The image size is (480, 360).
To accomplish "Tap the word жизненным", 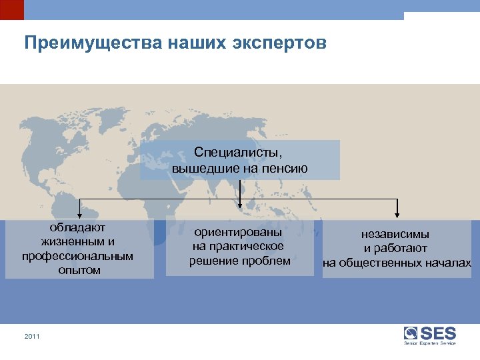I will (x=71, y=242).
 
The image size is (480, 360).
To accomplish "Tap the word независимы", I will (x=395, y=234).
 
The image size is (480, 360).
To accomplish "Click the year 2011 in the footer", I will (x=32, y=337).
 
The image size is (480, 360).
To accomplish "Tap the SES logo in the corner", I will (x=430, y=335).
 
